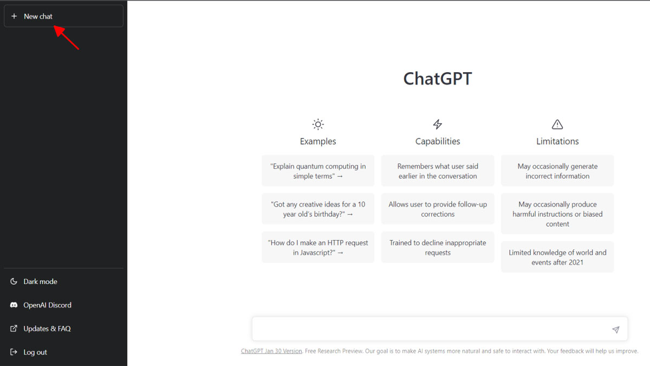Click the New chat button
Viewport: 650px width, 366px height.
[x=63, y=16]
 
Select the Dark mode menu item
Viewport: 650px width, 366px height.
[x=40, y=281]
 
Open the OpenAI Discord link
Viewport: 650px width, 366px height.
[x=47, y=305]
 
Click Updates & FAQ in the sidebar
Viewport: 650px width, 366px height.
[x=47, y=329]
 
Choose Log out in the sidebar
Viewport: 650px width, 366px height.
[x=35, y=352]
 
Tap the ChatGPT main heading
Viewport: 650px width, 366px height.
[x=438, y=79]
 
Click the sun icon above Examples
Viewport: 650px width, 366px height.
[x=318, y=125]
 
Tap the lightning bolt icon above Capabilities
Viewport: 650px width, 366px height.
[x=438, y=125]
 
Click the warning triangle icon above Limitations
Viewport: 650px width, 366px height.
[x=557, y=125]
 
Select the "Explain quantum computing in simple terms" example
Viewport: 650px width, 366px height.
[x=318, y=171]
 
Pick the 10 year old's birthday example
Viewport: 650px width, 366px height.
[x=318, y=209]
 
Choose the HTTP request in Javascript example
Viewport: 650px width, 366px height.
[x=318, y=248]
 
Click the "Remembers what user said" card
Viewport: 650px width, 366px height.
[x=438, y=171]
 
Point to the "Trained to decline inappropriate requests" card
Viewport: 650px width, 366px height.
[x=438, y=248]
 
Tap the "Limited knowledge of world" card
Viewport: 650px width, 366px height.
[x=557, y=258]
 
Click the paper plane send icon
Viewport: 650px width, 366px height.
[x=615, y=330]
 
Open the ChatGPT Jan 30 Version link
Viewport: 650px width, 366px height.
[x=271, y=351]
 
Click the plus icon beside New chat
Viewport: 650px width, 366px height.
[x=14, y=16]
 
